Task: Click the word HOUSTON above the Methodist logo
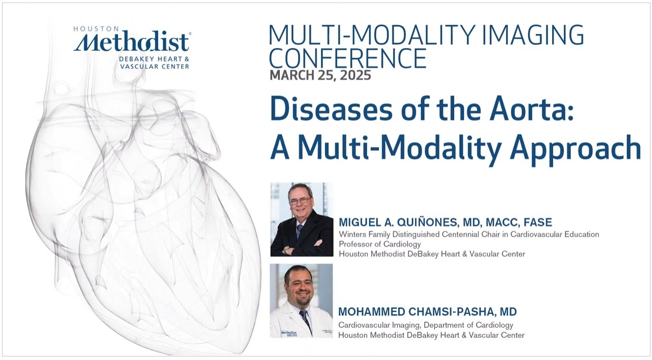(x=96, y=29)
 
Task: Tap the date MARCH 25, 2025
(x=320, y=76)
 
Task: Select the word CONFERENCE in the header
(x=347, y=58)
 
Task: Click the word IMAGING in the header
(x=533, y=35)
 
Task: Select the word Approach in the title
(x=575, y=150)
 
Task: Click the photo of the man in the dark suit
(x=302, y=220)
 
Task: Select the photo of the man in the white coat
(x=301, y=301)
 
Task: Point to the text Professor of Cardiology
(x=380, y=244)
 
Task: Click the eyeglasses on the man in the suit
(x=300, y=200)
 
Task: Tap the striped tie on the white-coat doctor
(x=305, y=319)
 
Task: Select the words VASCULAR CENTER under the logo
(x=155, y=66)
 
